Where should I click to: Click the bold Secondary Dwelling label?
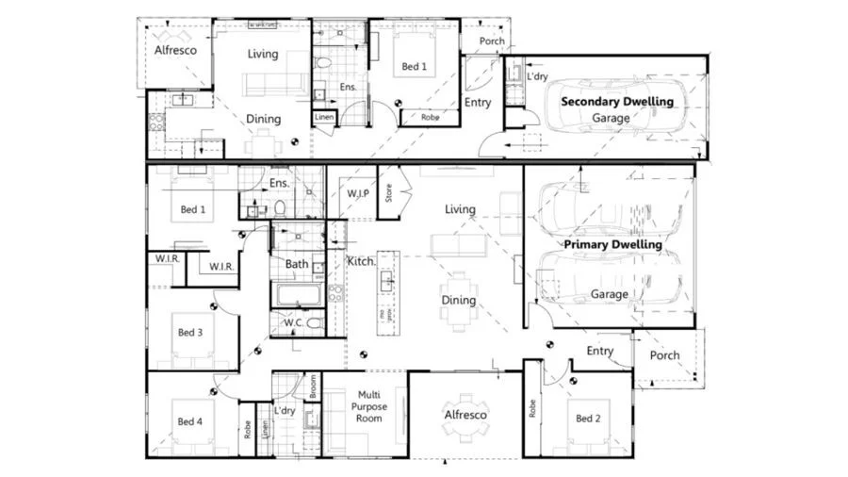tap(617, 101)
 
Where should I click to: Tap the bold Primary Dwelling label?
tap(612, 244)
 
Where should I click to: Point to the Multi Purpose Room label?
tap(369, 406)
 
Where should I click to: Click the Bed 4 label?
tap(190, 421)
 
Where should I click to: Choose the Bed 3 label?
tap(190, 332)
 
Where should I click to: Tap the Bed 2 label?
tap(588, 419)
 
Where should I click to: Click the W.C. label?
tap(293, 323)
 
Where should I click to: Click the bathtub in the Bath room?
tap(300, 296)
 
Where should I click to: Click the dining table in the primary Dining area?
tap(459, 300)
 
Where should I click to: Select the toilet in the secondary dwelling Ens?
tap(323, 64)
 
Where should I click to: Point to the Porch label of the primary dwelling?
tap(664, 355)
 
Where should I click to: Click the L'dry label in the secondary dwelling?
tap(537, 76)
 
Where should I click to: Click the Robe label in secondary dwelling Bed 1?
tap(429, 119)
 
